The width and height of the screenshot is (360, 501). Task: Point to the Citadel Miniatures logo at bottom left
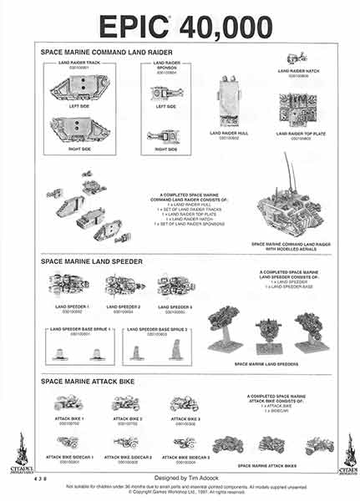(18, 452)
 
